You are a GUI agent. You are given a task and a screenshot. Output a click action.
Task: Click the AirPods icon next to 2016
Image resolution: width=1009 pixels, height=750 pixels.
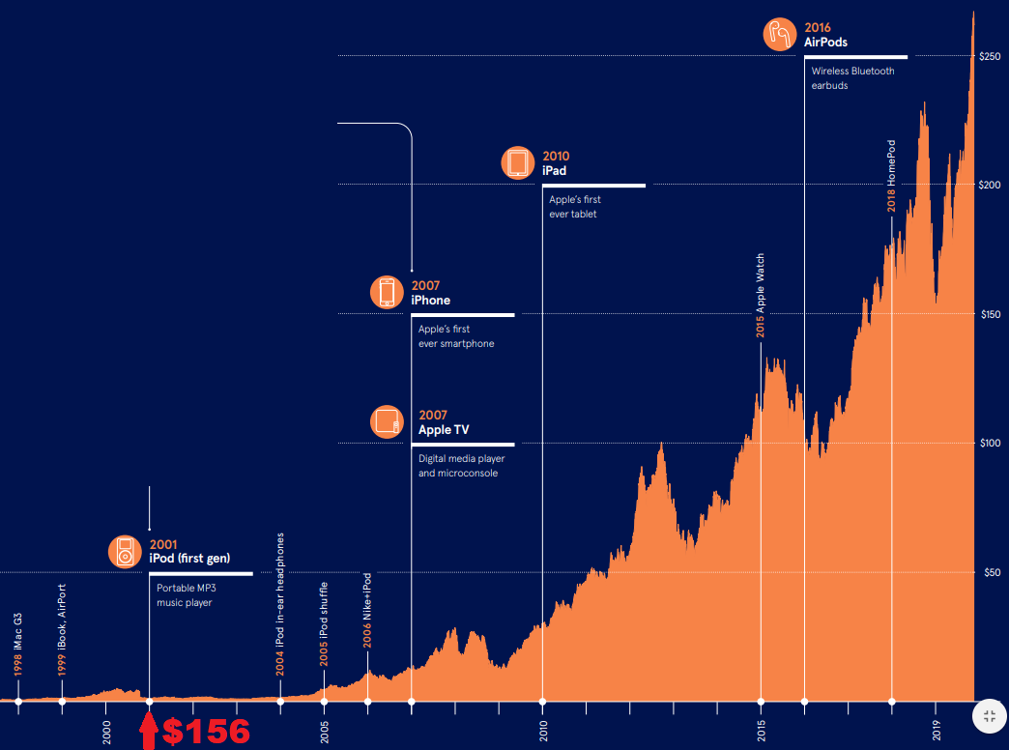779,35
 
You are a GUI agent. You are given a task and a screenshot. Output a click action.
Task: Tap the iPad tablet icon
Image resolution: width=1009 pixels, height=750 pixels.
517,162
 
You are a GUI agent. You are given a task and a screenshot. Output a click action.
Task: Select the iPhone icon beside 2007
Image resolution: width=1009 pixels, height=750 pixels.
387,292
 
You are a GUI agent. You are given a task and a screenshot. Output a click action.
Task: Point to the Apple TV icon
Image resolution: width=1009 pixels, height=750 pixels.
387,421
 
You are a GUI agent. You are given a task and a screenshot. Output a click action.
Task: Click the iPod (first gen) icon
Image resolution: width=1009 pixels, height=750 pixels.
125,551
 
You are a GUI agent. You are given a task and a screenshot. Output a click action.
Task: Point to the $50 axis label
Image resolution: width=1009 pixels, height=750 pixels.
989,573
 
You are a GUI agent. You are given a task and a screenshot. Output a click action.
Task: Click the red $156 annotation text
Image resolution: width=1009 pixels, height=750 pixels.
206,732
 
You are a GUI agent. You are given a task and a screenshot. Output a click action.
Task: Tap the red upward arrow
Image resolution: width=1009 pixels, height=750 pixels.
148,732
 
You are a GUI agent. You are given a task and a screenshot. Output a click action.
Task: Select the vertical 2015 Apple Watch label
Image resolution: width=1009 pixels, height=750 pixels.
761,296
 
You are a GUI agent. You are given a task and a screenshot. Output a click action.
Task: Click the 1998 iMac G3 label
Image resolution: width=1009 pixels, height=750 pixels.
18,644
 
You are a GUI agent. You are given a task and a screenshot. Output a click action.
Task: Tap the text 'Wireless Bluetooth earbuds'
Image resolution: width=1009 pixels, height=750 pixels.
852,78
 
